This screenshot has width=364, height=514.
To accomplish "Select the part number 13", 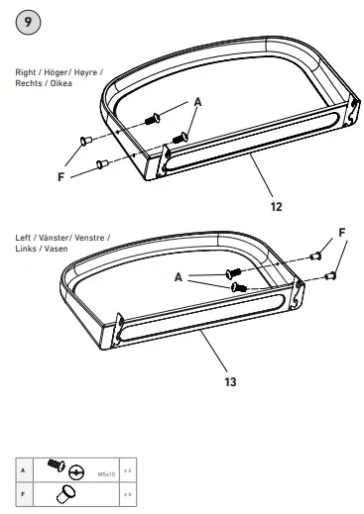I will pos(229,378).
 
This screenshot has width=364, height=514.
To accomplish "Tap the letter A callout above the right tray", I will pos(196,101).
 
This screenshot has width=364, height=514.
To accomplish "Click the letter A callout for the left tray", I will pos(180,278).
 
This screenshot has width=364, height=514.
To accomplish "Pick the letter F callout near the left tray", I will pos(342,232).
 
